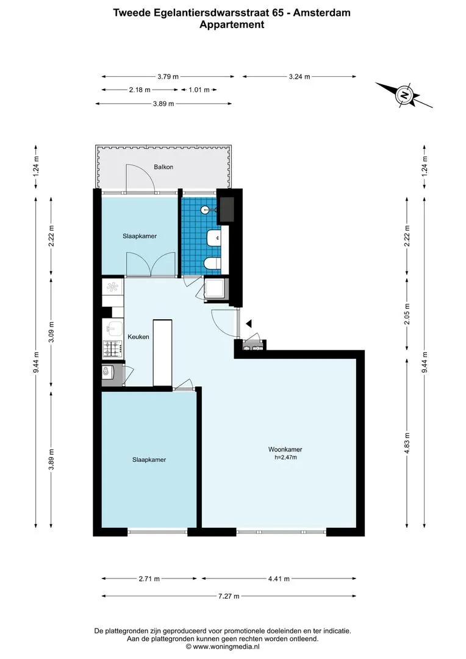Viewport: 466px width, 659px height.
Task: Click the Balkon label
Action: click(163, 167)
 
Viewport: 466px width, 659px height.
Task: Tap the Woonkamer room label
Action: click(285, 449)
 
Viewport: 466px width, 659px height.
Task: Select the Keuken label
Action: click(138, 337)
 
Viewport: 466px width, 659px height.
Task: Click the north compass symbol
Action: click(404, 95)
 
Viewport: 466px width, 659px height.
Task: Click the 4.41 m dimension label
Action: click(279, 578)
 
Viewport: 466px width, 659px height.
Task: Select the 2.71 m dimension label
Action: click(149, 578)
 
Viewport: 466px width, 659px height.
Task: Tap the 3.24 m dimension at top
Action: click(299, 76)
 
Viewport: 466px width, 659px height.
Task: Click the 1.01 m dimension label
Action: click(199, 90)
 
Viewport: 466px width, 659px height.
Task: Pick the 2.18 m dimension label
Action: click(140, 90)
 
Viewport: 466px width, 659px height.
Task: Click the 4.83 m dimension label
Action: click(407, 443)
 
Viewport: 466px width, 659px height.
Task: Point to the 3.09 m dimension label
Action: click(51, 332)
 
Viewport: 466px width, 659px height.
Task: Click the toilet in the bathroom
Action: click(213, 264)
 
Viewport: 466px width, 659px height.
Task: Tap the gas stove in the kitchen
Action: click(113, 348)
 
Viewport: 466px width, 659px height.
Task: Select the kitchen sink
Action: click(113, 328)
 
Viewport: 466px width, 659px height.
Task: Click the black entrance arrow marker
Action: click(249, 323)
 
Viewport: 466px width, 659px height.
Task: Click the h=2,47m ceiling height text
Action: click(285, 457)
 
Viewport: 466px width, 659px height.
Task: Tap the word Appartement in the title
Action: click(232, 24)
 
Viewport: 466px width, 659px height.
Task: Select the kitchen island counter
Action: click(163, 353)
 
